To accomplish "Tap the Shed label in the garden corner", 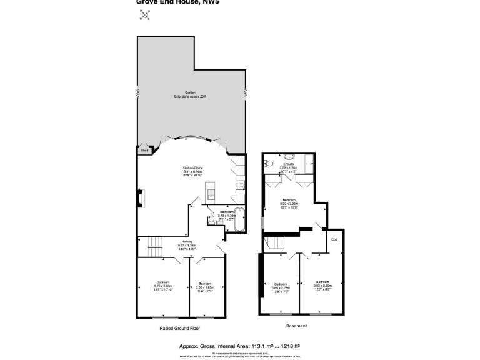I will pyautogui.click(x=144, y=151).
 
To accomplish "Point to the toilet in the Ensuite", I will pyautogui.click(x=267, y=163).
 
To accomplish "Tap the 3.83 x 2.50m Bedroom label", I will pyautogui.click(x=322, y=285).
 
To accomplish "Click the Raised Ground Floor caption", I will pyautogui.click(x=179, y=328).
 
